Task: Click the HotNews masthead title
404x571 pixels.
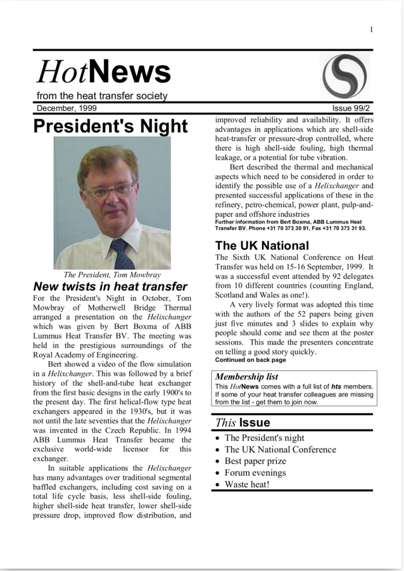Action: point(103,72)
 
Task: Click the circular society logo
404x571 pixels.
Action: point(344,76)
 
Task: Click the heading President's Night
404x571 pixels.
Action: point(111,126)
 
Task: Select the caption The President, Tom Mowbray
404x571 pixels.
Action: point(111,275)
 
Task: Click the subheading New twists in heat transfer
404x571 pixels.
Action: point(110,287)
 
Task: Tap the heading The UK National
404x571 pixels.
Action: point(262,245)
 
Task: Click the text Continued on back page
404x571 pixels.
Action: point(251,360)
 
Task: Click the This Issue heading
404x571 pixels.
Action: point(243,423)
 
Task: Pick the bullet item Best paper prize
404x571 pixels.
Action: point(255,461)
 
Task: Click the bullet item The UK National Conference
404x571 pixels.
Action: point(280,449)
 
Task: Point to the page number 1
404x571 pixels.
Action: point(371,30)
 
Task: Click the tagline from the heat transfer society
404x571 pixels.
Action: point(102,96)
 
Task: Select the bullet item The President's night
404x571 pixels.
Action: point(264,438)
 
